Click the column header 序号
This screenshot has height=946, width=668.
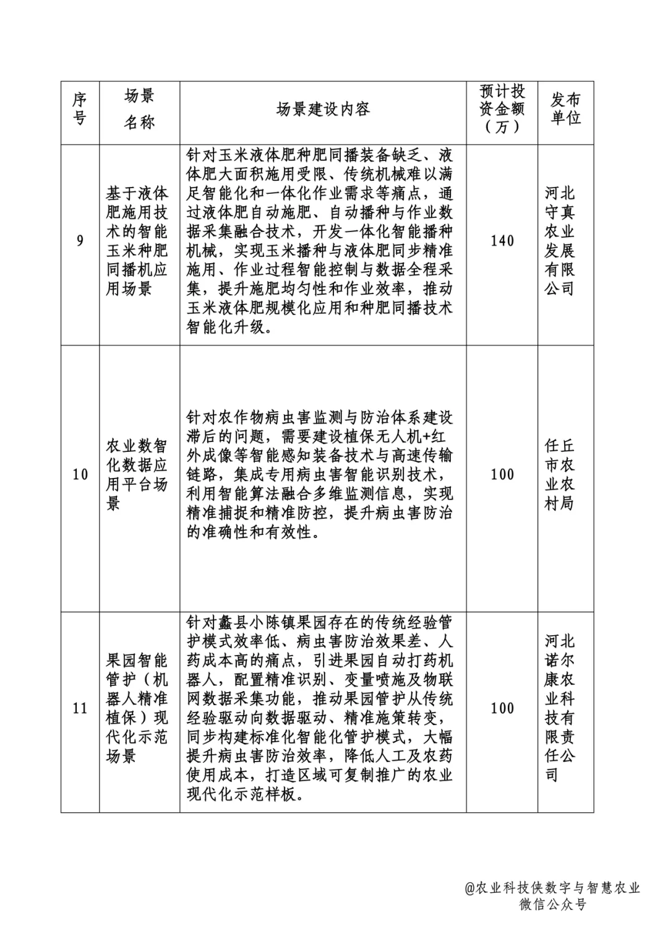click(80, 109)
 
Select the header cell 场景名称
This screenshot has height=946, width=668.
click(139, 109)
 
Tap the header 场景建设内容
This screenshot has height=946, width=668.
click(323, 110)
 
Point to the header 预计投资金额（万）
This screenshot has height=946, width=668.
click(502, 109)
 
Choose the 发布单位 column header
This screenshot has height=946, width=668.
click(565, 109)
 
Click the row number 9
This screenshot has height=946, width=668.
click(80, 240)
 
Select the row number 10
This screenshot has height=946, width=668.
click(80, 475)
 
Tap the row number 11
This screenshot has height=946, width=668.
click(80, 708)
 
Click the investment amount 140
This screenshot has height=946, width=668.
click(502, 240)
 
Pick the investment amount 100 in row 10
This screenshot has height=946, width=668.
click(502, 475)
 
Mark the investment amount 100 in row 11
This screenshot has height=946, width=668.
click(502, 708)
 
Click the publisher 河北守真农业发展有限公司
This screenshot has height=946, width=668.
click(560, 240)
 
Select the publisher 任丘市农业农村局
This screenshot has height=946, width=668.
click(560, 475)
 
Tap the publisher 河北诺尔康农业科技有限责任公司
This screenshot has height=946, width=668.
click(560, 708)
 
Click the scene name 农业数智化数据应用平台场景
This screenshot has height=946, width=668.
click(137, 475)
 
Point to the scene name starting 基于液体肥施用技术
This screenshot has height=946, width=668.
click(137, 241)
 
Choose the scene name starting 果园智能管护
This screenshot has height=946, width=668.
click(137, 708)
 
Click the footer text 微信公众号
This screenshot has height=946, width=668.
click(552, 905)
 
